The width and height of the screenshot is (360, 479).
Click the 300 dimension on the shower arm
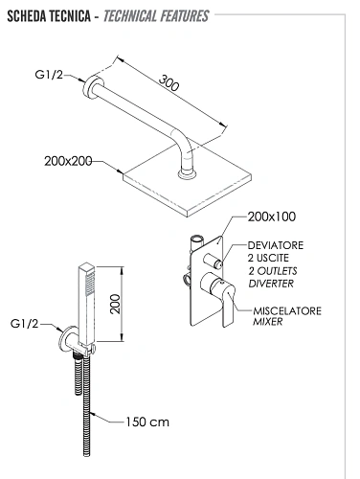coord(169,83)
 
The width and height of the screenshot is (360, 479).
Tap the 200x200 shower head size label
coord(68,161)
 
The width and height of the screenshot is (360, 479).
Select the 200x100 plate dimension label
coord(272,217)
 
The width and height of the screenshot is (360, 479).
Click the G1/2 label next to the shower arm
coord(49,75)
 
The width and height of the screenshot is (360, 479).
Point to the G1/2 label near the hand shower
coord(25,324)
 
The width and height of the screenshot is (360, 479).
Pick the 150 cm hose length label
coord(147,422)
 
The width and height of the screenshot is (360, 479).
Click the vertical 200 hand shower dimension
coord(115,304)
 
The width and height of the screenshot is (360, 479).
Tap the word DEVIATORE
coord(276,245)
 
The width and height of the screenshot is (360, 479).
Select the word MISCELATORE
coord(287,310)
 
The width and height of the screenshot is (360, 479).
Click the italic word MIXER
coord(267,322)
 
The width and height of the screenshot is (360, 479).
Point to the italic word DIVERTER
coord(271,284)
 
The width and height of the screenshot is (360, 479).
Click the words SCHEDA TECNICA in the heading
coord(49,16)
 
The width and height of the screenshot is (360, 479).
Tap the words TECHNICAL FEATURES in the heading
coord(156,16)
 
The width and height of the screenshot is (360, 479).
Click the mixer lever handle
coord(228,306)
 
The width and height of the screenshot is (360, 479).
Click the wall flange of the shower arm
coord(90,87)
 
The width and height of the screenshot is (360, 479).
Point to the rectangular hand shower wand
coord(87,305)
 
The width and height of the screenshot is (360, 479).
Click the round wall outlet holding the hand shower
coord(68,338)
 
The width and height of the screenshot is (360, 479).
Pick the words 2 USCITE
coord(268,258)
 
